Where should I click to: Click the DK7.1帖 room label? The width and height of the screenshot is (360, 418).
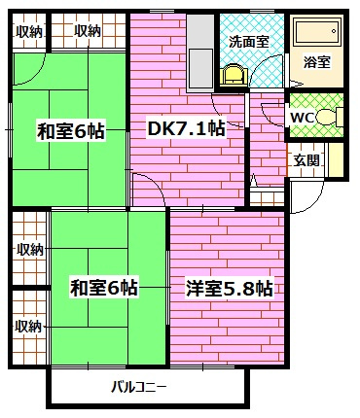click(186, 129)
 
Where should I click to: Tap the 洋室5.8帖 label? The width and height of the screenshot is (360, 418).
click(229, 288)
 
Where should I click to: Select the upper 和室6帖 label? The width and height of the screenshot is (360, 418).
click(71, 131)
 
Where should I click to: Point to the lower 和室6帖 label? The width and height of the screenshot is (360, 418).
click(104, 288)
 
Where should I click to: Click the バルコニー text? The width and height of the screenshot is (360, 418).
click(139, 387)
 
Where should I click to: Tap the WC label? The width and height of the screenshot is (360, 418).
click(302, 118)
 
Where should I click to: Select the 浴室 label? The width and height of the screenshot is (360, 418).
click(316, 62)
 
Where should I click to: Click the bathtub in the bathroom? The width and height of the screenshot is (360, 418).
click(318, 31)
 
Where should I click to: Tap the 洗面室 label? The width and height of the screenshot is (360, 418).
click(249, 42)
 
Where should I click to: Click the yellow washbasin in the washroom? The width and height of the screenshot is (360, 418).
click(234, 75)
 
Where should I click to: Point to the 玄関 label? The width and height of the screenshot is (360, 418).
click(306, 160)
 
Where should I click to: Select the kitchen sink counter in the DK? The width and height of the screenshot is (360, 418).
click(200, 52)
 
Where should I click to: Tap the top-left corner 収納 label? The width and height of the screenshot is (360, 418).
click(29, 31)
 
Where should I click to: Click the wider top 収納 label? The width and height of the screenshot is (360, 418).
click(88, 31)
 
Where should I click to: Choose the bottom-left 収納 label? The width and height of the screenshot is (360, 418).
click(29, 327)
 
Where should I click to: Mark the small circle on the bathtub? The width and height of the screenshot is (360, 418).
click(334, 31)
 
